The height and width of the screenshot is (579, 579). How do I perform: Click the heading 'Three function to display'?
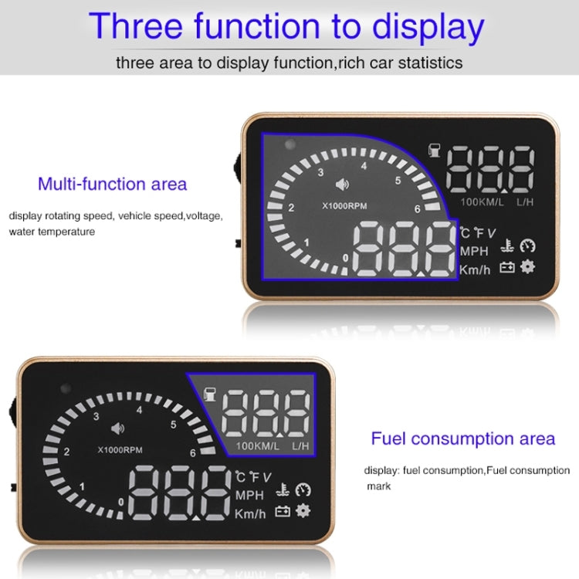pos(287,26)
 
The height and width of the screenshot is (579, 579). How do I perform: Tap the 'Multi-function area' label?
pos(112,184)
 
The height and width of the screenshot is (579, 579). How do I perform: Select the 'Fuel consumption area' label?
pos(462,438)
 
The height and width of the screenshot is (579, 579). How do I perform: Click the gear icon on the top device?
pos(527,267)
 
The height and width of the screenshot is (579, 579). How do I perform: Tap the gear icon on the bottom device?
pos(303,510)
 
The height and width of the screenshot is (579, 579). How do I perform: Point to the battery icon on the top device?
pos(507,268)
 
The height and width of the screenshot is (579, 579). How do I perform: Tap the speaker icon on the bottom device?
pos(117,428)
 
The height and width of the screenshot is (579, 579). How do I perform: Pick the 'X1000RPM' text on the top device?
pos(344,206)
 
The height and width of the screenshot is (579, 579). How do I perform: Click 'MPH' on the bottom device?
pos(249,495)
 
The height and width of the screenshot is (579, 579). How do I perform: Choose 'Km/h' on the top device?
pos(474,269)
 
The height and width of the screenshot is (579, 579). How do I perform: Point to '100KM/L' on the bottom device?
pos(257,445)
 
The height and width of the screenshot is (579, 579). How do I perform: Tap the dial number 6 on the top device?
pos(416,208)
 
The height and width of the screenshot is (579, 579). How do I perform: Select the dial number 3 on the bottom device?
pos(96,416)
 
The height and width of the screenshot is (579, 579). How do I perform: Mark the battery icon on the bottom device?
pos(283,511)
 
